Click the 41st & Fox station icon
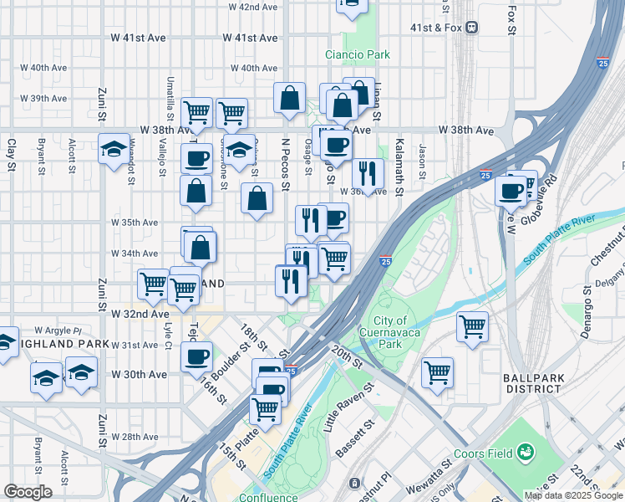click(472, 27)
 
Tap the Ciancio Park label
click(358, 55)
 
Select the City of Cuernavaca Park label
click(390, 332)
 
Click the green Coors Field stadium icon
click(526, 453)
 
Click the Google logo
click(28, 492)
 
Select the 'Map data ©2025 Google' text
click(572, 495)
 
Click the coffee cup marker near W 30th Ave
click(196, 357)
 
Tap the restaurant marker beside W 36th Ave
click(368, 174)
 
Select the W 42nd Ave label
click(248, 7)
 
